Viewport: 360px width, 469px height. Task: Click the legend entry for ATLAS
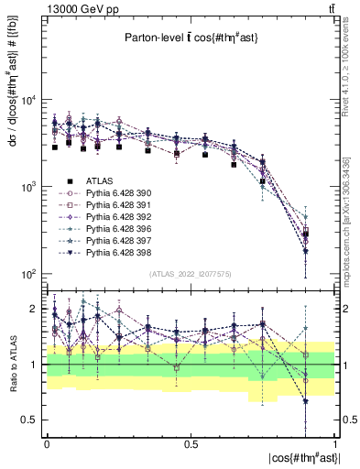click(x=98, y=181)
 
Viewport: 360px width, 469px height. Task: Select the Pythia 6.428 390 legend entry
click(x=117, y=193)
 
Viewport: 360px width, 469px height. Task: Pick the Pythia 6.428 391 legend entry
click(x=117, y=205)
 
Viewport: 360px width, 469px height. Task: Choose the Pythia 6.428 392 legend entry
click(x=117, y=217)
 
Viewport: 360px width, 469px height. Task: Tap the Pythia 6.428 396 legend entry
click(x=117, y=229)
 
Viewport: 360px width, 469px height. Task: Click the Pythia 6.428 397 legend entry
click(x=117, y=241)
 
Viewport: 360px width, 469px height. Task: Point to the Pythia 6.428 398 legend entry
click(x=117, y=253)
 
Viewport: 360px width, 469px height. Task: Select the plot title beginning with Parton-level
click(x=191, y=38)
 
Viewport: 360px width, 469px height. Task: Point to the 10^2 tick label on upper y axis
click(x=28, y=274)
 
